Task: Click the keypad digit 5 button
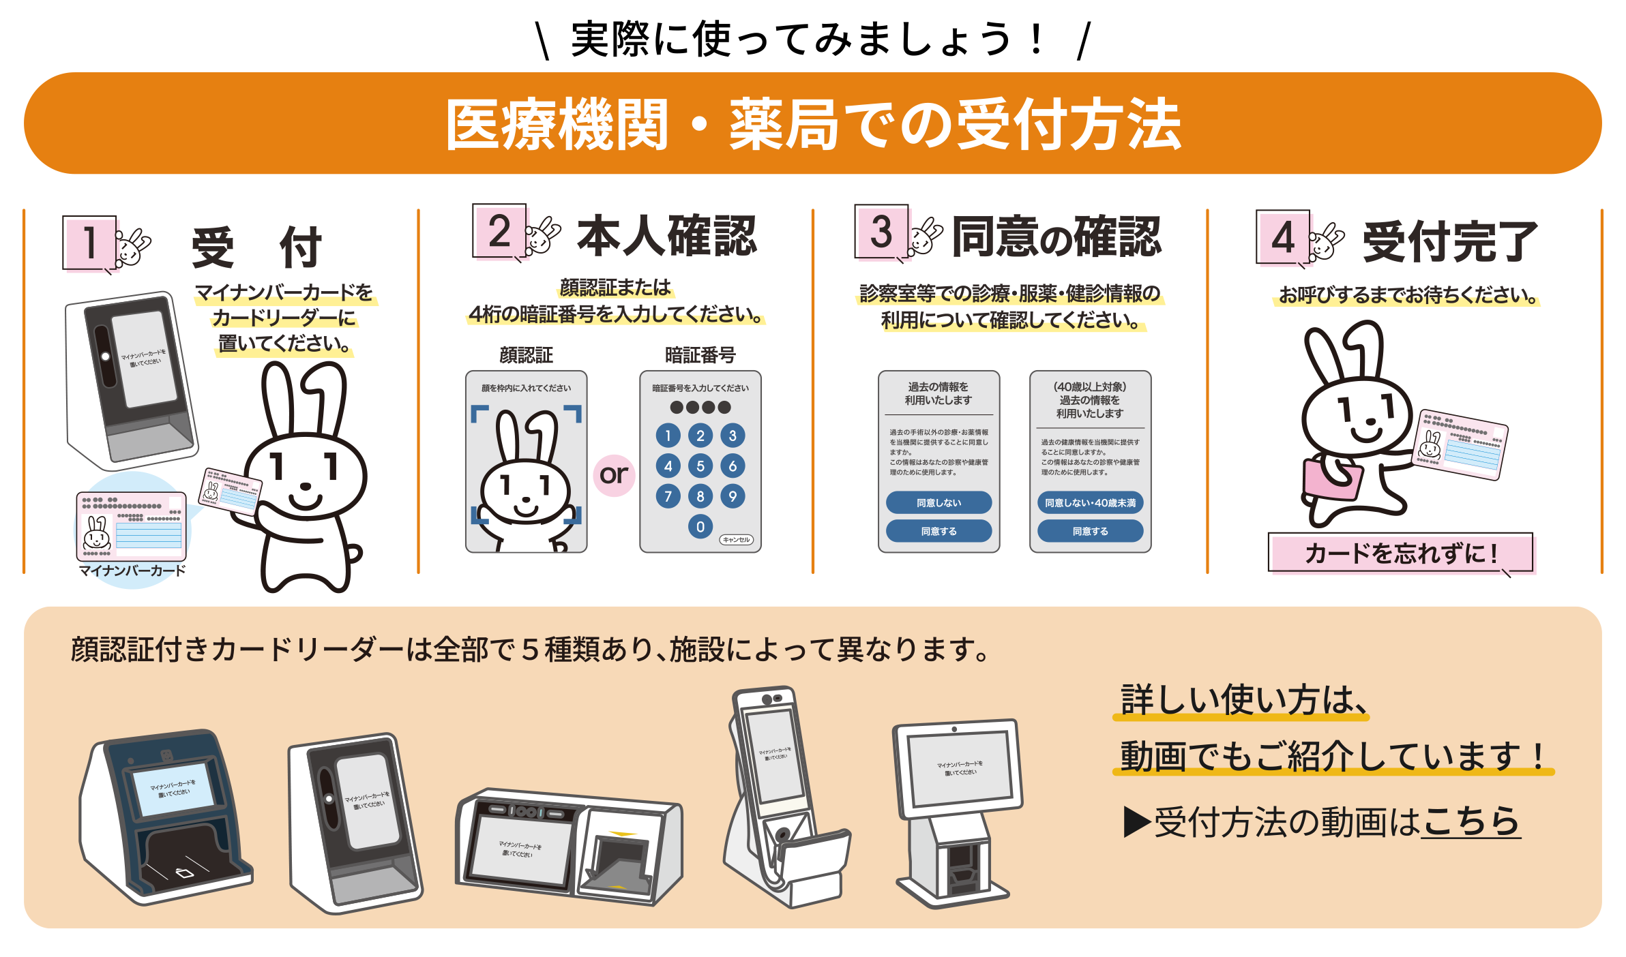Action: [700, 466]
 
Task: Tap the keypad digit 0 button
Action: [700, 526]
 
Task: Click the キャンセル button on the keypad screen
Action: [736, 540]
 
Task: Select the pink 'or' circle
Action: [614, 475]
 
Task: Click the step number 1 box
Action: [89, 243]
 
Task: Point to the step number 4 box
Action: [1282, 237]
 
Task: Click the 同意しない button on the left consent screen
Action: [938, 502]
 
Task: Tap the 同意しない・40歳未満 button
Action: [1090, 502]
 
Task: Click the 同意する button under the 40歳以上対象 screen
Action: [1090, 531]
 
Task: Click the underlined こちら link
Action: [1470, 821]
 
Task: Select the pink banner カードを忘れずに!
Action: [1400, 553]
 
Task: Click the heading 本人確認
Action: [667, 236]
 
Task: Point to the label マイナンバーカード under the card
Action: [132, 571]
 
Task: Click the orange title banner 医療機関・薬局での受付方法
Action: [812, 123]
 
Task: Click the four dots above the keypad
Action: [700, 408]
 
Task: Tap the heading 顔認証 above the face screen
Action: [526, 355]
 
